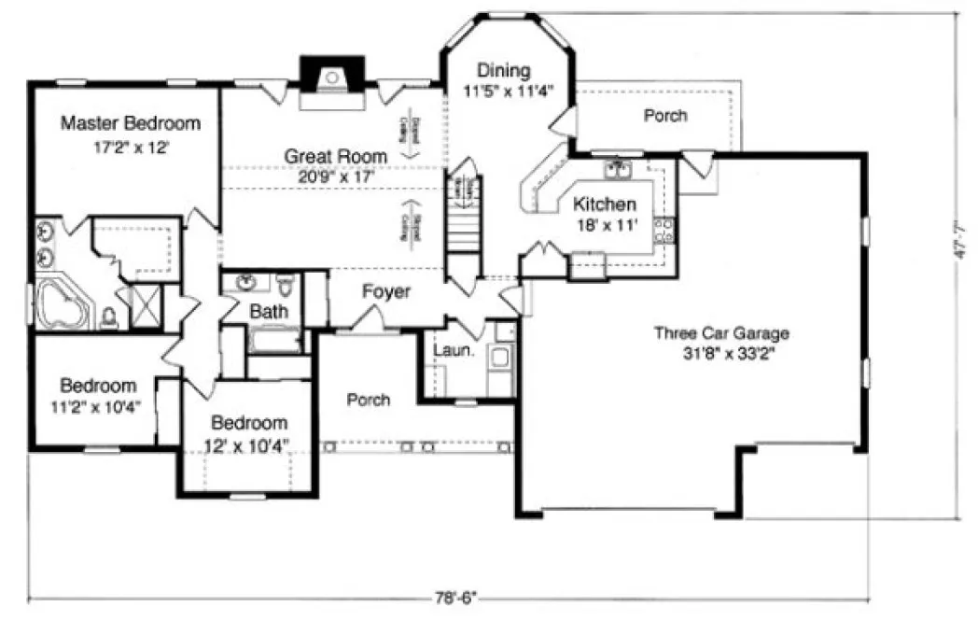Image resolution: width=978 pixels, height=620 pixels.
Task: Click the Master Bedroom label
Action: coord(131,123)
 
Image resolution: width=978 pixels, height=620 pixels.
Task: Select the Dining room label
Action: coord(504,70)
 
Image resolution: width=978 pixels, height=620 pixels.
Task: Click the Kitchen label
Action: coord(605,204)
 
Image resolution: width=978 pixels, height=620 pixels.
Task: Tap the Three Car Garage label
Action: coord(721,332)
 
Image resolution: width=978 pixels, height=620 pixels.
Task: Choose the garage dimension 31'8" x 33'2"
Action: coord(721,352)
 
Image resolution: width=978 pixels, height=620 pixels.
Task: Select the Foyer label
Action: coord(386,291)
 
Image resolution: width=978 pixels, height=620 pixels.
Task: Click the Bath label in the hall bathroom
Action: coord(268,311)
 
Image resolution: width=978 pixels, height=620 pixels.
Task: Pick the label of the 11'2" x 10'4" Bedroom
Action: coord(97,385)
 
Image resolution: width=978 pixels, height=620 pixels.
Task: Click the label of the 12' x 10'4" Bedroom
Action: coord(248,422)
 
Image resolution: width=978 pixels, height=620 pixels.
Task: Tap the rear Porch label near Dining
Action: coord(665,116)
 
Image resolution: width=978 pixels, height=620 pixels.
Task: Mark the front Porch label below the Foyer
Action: coord(368,400)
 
